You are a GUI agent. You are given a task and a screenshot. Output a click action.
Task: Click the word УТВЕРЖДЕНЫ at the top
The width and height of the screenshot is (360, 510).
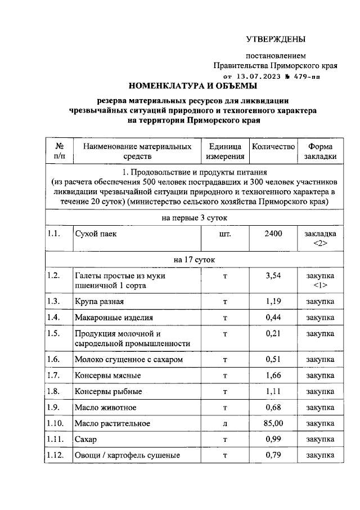[276, 39]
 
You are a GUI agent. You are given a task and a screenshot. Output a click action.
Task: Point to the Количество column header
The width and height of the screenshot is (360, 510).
[273, 147]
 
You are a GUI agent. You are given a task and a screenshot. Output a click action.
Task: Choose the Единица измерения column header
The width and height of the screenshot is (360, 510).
[225, 152]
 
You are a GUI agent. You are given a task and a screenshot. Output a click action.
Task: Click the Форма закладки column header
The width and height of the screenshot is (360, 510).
[321, 152]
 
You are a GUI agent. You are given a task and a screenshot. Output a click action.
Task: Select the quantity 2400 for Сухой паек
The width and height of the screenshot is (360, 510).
[273, 234]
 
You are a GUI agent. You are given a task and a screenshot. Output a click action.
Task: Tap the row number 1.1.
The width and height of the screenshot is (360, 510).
[54, 234]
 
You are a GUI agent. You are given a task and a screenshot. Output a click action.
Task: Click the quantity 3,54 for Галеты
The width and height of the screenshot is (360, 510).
[273, 275]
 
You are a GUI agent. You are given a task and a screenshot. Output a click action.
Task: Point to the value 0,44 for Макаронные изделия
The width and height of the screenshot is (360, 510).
[273, 317]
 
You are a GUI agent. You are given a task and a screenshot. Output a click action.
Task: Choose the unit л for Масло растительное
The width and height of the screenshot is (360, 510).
[225, 423]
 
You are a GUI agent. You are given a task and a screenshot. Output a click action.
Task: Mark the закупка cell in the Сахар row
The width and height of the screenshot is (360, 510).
[320, 439]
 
